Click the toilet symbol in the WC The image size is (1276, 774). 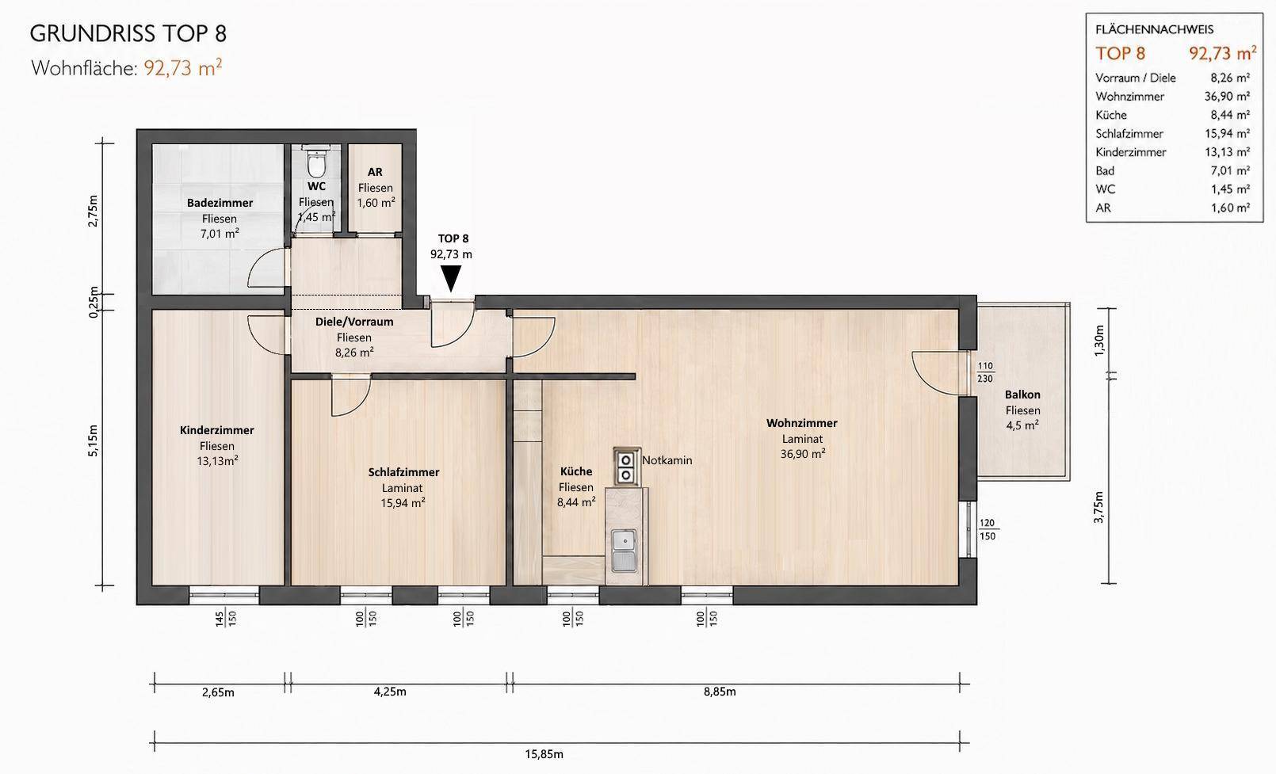[x=317, y=163]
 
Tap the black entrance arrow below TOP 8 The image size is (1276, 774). [x=451, y=279]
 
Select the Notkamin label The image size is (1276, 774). [x=667, y=460]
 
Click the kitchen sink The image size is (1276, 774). [x=625, y=550]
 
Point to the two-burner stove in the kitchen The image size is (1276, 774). [x=627, y=467]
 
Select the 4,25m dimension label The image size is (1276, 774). [x=390, y=692]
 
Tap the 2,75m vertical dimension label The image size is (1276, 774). [x=93, y=211]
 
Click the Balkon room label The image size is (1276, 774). [x=1022, y=394]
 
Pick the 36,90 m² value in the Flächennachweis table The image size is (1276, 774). [x=1227, y=96]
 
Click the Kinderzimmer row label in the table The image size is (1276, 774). [x=1131, y=152]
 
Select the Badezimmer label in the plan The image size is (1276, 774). [x=220, y=203]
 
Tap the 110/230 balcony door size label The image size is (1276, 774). [x=985, y=372]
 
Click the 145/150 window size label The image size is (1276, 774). [x=226, y=619]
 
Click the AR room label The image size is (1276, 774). [x=375, y=171]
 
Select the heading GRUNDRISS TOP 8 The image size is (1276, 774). [x=128, y=34]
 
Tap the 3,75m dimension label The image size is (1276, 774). [x=1098, y=507]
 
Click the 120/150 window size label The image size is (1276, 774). [x=988, y=530]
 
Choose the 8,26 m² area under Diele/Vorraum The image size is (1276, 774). [x=354, y=353]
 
